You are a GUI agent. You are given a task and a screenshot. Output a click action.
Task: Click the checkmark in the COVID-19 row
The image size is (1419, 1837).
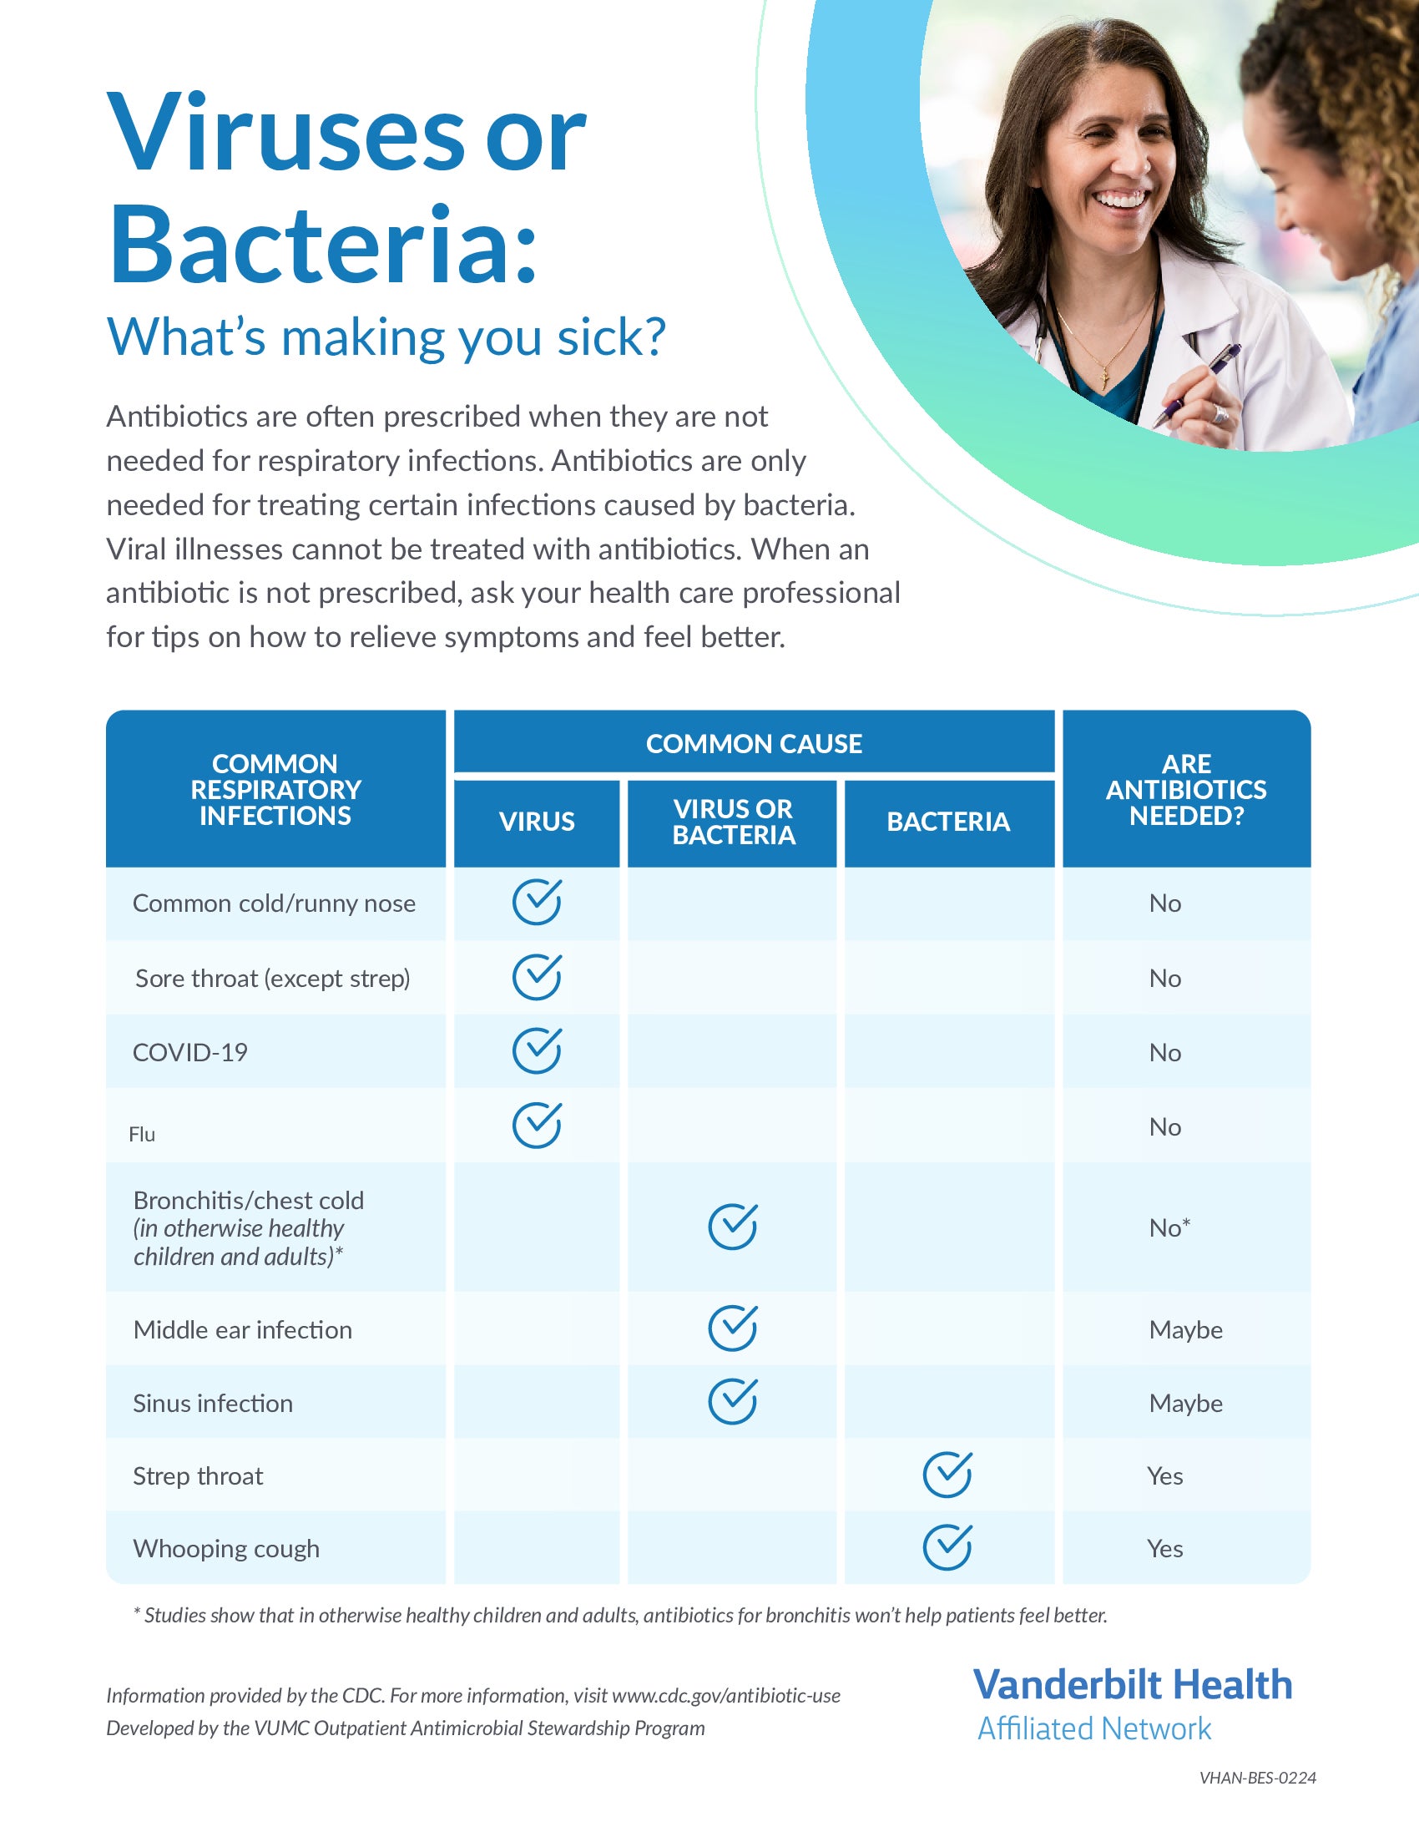[x=538, y=1050]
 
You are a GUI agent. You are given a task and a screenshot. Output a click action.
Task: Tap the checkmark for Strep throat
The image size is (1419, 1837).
[x=947, y=1475]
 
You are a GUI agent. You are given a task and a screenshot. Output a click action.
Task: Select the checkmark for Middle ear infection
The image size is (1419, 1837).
[x=733, y=1328]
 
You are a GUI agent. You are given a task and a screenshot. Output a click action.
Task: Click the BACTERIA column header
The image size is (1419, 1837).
[x=948, y=822]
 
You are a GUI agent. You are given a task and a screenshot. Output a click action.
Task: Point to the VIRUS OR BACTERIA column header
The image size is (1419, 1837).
[x=733, y=822]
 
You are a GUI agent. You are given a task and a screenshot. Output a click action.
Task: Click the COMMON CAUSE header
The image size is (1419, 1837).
[x=754, y=743]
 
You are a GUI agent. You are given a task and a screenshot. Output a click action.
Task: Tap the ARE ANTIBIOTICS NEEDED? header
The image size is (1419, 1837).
[x=1186, y=789]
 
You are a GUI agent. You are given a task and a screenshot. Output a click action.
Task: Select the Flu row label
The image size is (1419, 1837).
[x=142, y=1134]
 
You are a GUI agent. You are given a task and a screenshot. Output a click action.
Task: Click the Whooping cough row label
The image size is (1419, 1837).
[x=226, y=1548]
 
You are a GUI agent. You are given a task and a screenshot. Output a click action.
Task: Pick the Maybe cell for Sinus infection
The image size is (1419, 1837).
[x=1185, y=1403]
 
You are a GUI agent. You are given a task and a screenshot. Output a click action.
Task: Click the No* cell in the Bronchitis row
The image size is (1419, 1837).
[x=1169, y=1228]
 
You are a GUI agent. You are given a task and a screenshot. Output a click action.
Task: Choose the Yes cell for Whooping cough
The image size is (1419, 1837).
[x=1165, y=1548]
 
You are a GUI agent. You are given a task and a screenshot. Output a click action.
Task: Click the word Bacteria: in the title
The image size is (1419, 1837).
[x=323, y=244]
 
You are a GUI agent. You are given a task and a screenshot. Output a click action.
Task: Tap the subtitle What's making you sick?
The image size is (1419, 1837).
[x=386, y=337]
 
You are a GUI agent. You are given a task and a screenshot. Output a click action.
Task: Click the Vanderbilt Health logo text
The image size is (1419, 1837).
[x=1133, y=1685]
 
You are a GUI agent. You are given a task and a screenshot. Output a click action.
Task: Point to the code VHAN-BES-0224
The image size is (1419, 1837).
[x=1258, y=1777]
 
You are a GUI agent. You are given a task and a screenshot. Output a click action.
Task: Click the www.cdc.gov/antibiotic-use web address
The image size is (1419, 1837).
[x=726, y=1695]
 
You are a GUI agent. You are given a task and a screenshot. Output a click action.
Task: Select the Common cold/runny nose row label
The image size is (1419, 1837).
[x=274, y=903]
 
